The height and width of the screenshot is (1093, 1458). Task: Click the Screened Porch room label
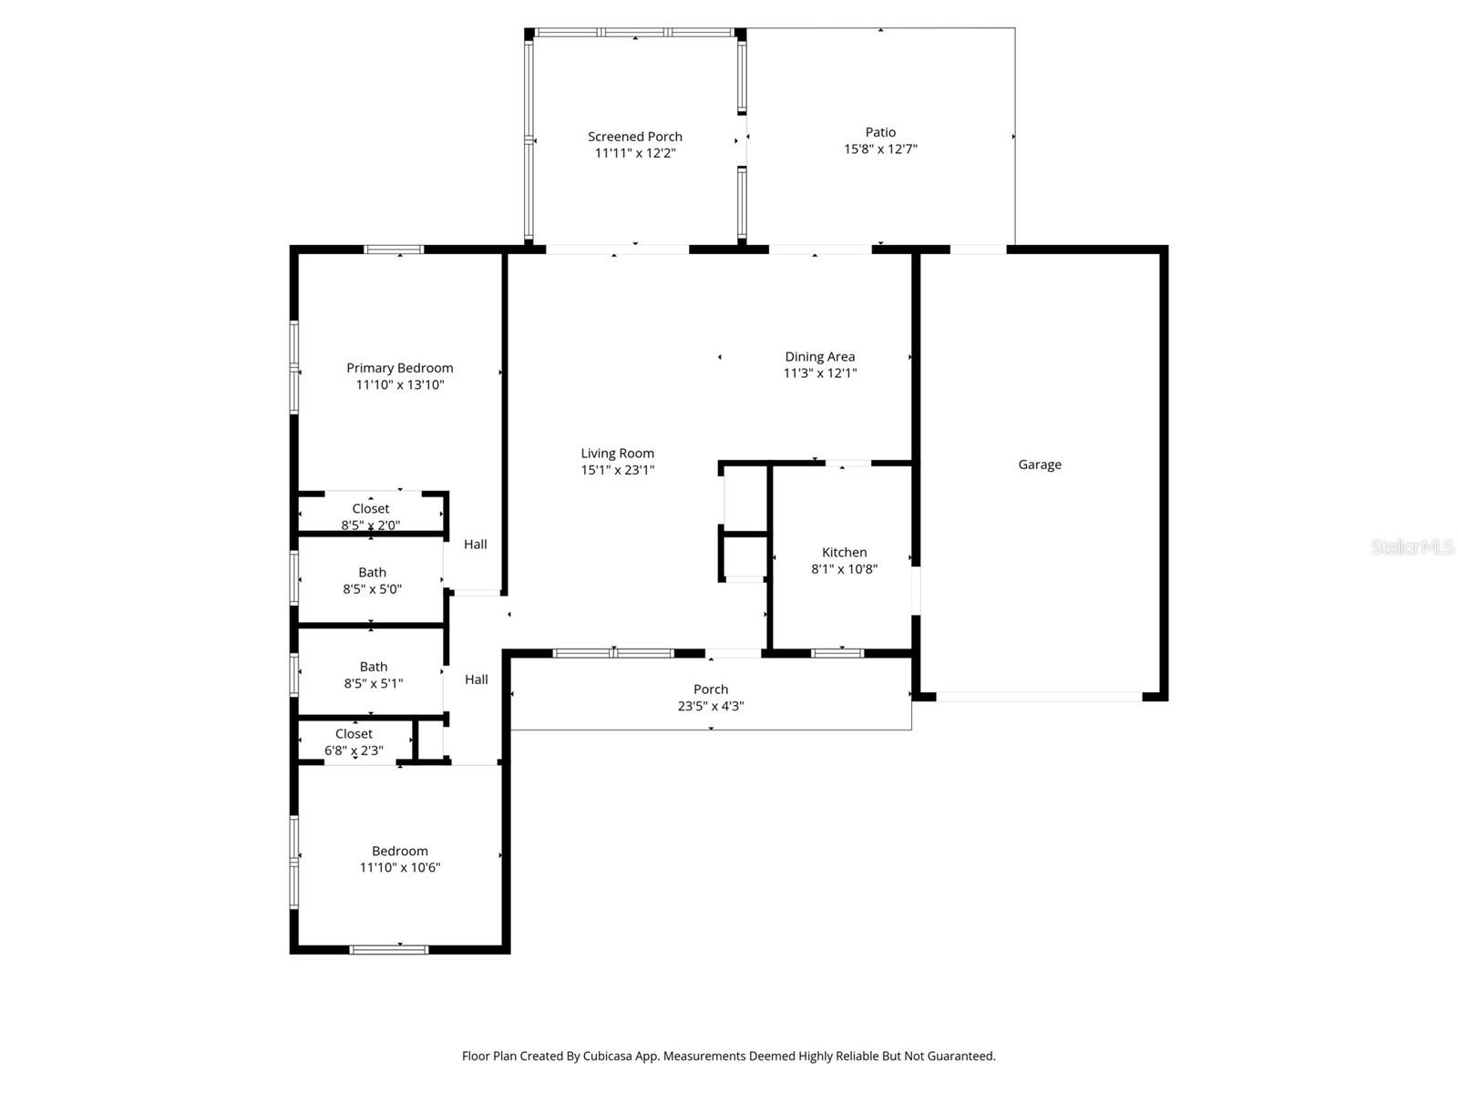pos(634,137)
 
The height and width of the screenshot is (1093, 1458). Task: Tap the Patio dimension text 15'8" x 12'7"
pos(880,149)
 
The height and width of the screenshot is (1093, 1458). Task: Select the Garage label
pos(1040,465)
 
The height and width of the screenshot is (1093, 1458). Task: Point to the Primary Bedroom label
pos(399,368)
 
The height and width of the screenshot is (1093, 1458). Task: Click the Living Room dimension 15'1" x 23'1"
pos(618,470)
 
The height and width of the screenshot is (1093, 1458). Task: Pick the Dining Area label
pos(819,357)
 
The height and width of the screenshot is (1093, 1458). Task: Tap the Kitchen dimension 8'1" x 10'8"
pos(844,569)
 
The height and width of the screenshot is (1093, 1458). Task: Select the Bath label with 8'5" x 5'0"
pos(372,573)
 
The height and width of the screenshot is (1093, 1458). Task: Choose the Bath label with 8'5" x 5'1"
pos(373,668)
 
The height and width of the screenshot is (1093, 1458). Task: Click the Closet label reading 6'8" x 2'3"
pos(354,734)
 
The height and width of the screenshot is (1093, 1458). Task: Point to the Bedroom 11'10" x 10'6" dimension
pos(400,868)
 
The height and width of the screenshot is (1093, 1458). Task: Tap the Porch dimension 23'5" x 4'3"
pos(711,706)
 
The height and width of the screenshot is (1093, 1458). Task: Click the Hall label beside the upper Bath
pos(475,545)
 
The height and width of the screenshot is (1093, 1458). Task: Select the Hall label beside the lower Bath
pos(476,679)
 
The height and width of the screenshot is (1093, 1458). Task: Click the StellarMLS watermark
pos(1412,547)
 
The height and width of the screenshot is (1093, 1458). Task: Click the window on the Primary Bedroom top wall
pos(394,250)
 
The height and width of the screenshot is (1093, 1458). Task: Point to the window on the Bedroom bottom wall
pos(389,950)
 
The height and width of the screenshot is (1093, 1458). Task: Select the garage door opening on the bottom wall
pos(1039,697)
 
